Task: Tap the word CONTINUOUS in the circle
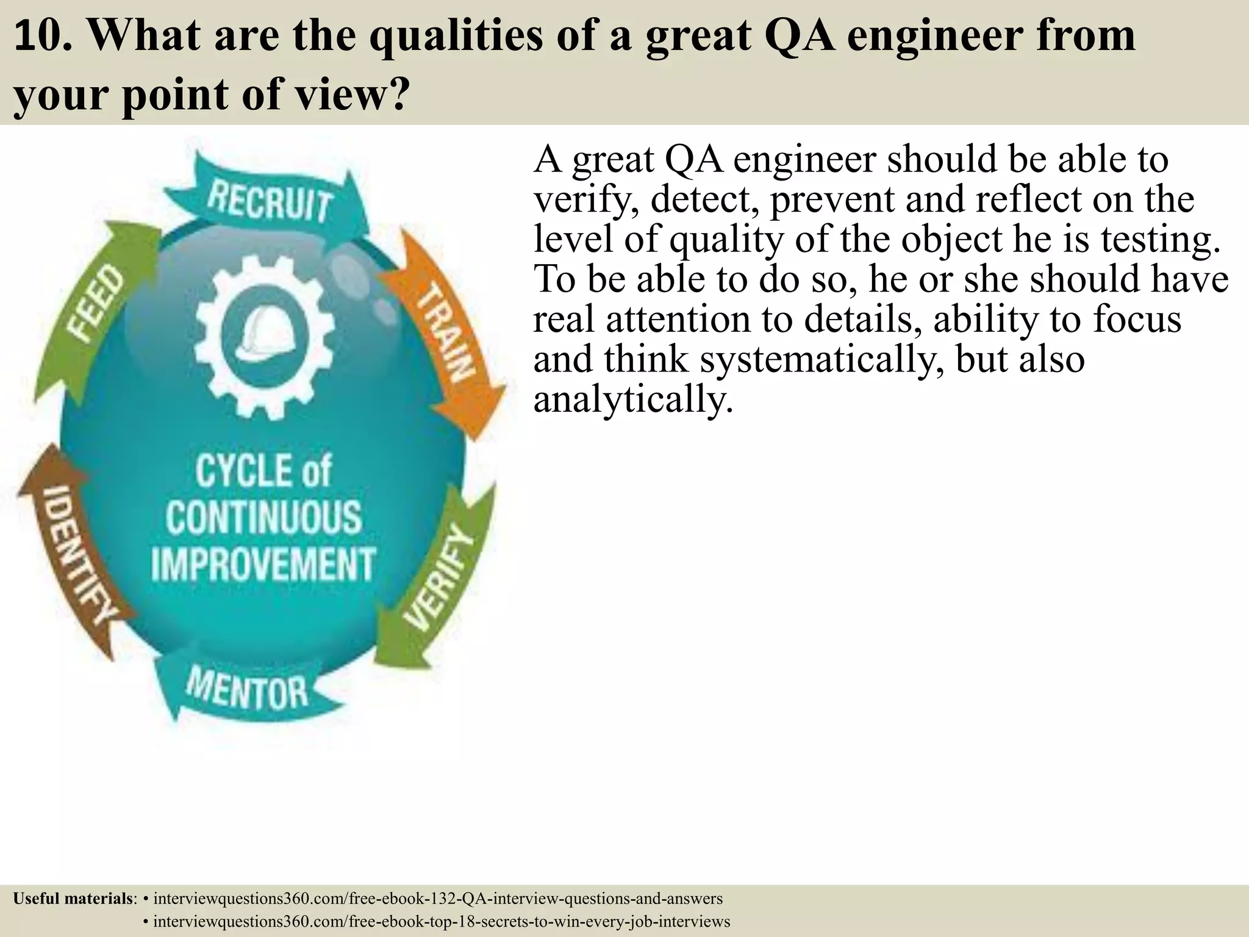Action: tap(263, 517)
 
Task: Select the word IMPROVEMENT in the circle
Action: tap(263, 564)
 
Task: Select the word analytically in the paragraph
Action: tap(632, 400)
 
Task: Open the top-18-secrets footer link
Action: tap(442, 921)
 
